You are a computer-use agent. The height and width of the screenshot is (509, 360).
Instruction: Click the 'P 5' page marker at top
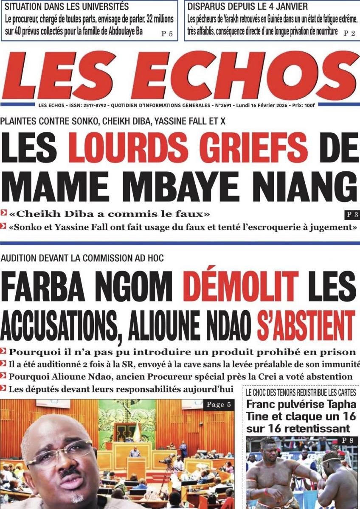167,34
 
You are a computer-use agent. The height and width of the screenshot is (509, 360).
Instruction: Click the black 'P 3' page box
351,215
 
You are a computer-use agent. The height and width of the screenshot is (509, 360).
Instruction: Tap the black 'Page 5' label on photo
219,405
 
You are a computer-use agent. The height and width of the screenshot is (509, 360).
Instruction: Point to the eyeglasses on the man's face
64,454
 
